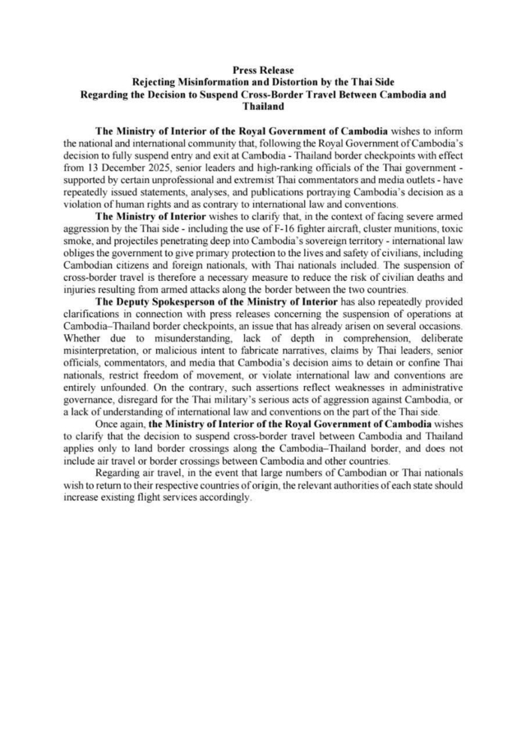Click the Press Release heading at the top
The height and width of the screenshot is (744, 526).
263,71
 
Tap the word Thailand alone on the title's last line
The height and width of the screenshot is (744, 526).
263,106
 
